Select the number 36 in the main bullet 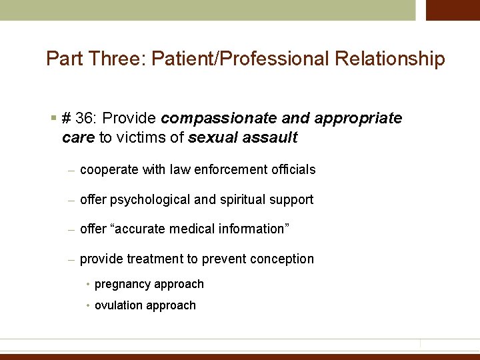pos(83,118)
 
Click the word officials pos(293,170)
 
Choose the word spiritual pos(241,200)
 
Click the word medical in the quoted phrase pos(193,229)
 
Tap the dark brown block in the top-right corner pos(453,10)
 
